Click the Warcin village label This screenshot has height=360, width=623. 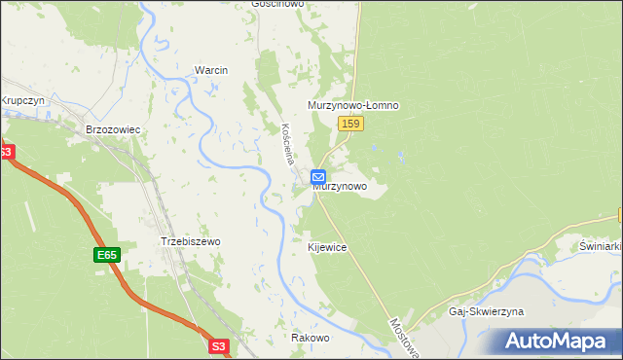[x=211, y=71]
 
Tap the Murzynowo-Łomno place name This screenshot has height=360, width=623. [x=354, y=105]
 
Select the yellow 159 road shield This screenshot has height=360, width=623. [x=351, y=124]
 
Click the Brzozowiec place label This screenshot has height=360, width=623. [x=114, y=128]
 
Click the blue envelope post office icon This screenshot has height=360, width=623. [x=318, y=176]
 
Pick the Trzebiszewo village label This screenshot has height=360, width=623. [x=191, y=241]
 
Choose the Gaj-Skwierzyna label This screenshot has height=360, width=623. [x=487, y=311]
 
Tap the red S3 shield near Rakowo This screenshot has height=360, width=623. [x=220, y=344]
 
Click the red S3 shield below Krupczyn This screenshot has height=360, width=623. [x=5, y=152]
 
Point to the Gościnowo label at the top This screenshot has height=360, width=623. [x=277, y=4]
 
